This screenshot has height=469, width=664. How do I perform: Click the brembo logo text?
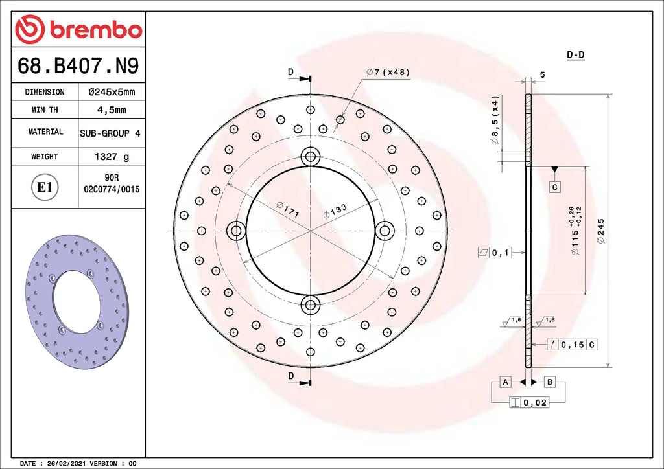pos(96,30)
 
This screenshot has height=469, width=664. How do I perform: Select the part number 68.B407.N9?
pos(78,65)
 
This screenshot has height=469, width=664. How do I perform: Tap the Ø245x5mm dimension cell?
pos(112,92)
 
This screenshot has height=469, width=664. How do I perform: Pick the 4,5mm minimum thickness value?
pos(112,110)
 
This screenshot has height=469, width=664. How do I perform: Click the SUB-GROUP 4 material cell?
pos(110,133)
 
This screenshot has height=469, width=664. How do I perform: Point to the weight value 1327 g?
pos(112,157)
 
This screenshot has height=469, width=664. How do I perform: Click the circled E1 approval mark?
pos(45,187)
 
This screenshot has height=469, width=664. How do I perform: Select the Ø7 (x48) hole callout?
pos(388,73)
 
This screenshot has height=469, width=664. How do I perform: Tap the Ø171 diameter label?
pos(288,210)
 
